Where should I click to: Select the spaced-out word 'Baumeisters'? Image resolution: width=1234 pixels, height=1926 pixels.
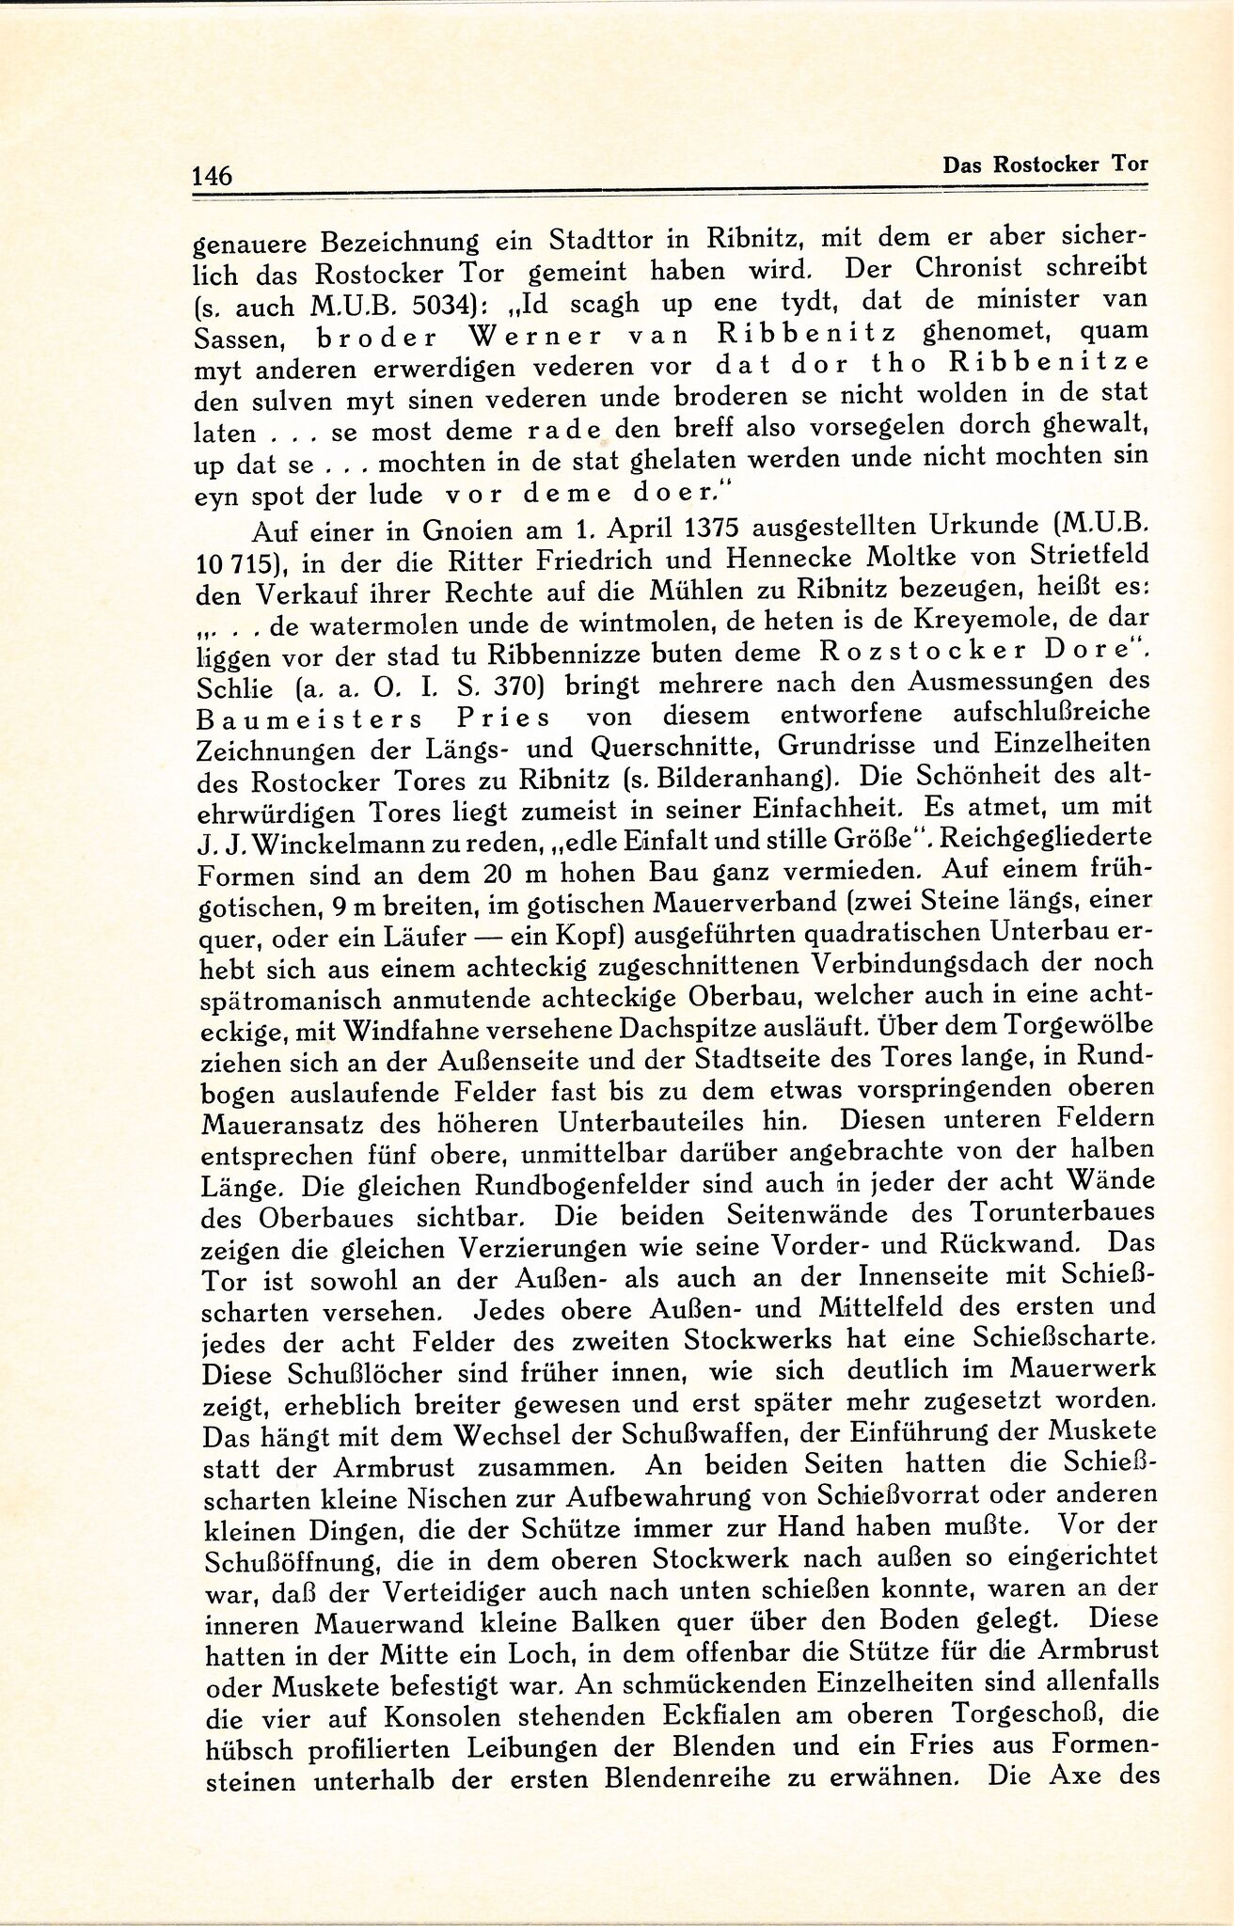tap(296, 715)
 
